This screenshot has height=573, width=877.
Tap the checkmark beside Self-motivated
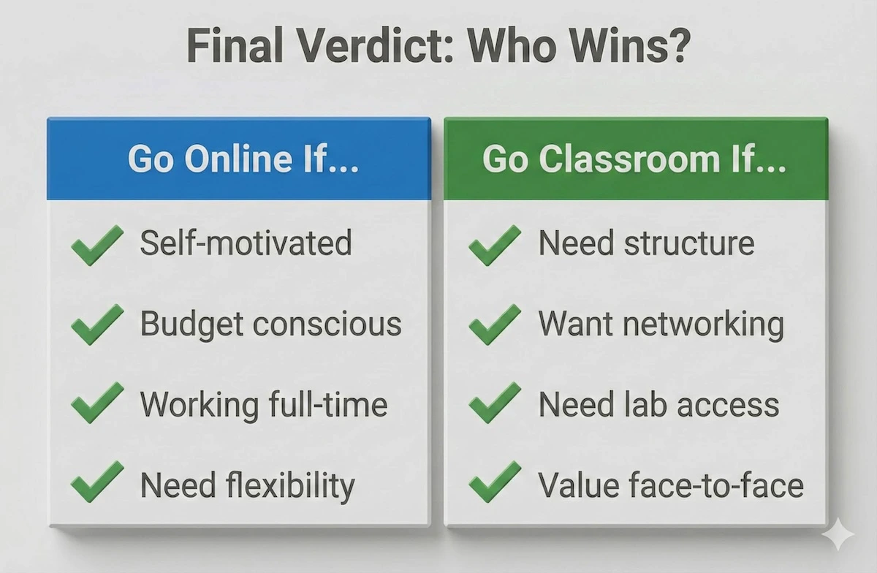point(97,244)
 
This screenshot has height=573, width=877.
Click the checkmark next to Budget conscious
point(97,325)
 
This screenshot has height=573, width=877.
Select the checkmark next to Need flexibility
point(97,484)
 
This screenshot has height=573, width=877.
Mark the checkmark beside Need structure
point(495,244)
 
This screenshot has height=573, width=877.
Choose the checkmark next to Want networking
point(495,325)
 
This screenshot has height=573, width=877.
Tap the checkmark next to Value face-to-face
point(495,484)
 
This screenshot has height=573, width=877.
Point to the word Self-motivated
point(246,243)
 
